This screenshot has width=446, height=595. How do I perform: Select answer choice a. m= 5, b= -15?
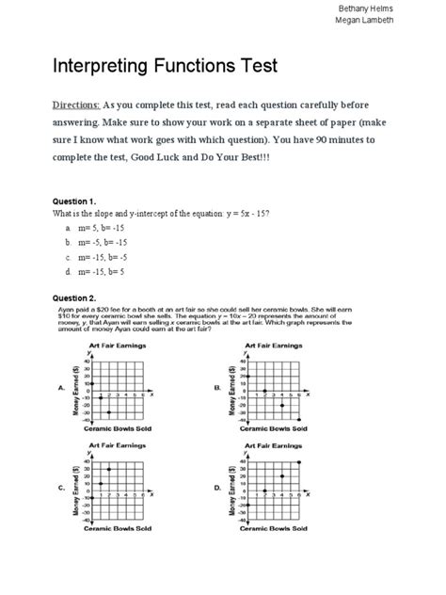[101, 229]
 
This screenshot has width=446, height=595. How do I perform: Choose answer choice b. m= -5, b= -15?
[103, 242]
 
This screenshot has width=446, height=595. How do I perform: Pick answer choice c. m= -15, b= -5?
[103, 256]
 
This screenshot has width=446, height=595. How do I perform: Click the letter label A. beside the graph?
[61, 387]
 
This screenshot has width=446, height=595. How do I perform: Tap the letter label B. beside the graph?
[217, 387]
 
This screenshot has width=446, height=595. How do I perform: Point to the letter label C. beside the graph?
[61, 487]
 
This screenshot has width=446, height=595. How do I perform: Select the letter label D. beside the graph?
[217, 487]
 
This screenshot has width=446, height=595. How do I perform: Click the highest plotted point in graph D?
[299, 462]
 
